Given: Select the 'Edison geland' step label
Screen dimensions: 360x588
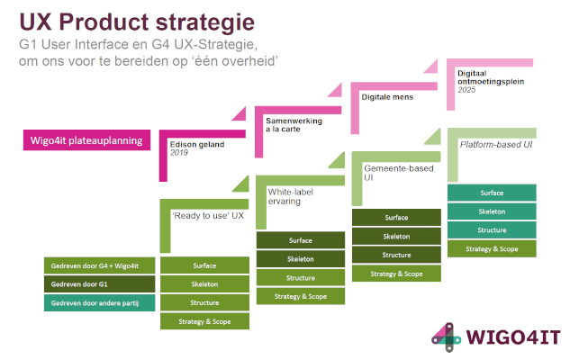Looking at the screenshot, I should [196, 143].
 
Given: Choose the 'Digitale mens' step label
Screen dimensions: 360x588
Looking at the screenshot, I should [388, 96].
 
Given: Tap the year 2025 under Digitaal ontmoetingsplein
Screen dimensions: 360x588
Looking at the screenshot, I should [466, 91].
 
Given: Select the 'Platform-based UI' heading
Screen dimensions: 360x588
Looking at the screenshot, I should [497, 144].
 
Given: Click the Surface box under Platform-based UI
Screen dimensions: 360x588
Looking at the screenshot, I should [492, 193].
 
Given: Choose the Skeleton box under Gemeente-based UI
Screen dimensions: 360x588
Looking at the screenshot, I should [396, 236].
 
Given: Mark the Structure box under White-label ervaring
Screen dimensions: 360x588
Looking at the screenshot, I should [301, 277].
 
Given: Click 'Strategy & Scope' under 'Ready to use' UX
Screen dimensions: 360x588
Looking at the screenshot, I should [204, 321].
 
